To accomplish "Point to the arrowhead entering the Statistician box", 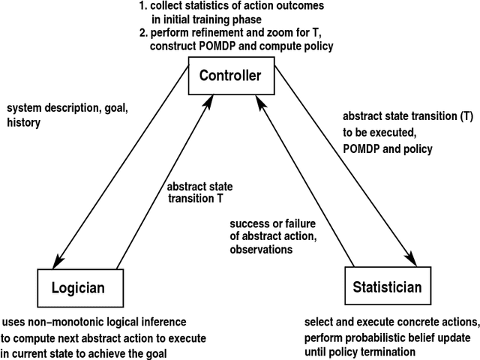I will [x=412, y=262].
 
